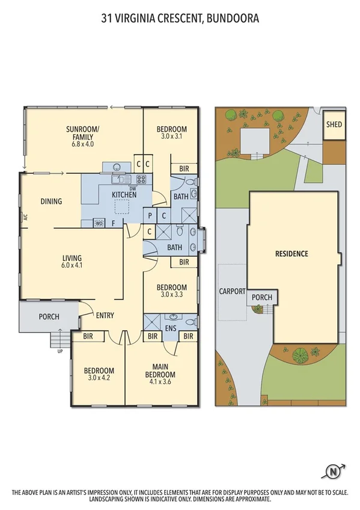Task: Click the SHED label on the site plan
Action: click(x=334, y=125)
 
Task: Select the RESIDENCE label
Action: click(x=291, y=254)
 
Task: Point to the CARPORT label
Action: click(x=232, y=292)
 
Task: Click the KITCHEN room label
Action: click(x=125, y=194)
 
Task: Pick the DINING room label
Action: click(x=52, y=201)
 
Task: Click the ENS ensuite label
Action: click(x=170, y=328)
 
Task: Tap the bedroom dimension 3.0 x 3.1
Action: click(x=172, y=137)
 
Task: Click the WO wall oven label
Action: click(x=99, y=223)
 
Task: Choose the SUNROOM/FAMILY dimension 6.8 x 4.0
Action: click(x=83, y=144)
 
